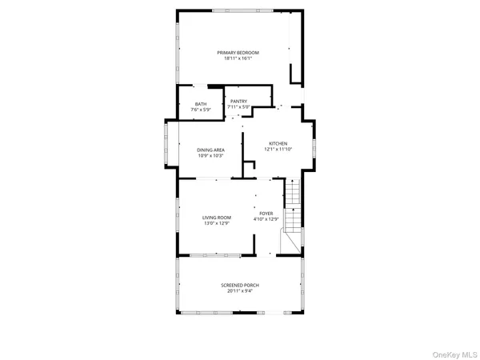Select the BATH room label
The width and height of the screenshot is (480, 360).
coord(201,104)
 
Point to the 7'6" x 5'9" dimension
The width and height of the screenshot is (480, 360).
coord(201,110)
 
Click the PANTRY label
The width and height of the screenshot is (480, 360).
coord(238,102)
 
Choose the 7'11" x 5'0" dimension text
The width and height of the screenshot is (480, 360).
coord(238,107)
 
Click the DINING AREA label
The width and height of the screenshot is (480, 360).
coord(210,150)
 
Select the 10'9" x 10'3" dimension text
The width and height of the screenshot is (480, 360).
coord(210,155)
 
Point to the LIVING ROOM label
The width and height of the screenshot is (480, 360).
coord(216,218)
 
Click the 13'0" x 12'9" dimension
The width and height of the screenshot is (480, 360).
coord(216,223)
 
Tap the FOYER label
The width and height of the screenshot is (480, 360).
coord(266,214)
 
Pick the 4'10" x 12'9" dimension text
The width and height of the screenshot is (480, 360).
coord(266,219)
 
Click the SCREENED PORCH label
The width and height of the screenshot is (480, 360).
coord(240,285)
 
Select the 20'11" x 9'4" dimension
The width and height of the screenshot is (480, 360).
coord(240,290)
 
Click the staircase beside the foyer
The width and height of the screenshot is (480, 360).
coord(293,210)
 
